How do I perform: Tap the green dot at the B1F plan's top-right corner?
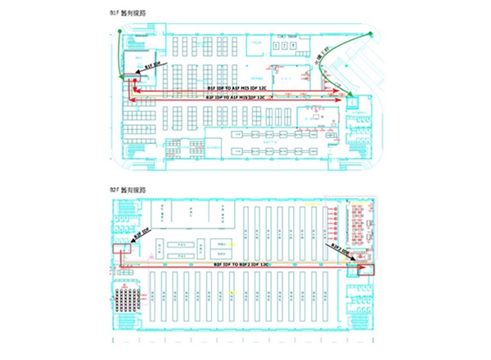[371, 34]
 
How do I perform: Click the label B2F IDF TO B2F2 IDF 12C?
[242, 265]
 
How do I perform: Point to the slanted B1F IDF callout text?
[153, 65]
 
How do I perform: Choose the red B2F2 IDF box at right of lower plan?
[366, 268]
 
